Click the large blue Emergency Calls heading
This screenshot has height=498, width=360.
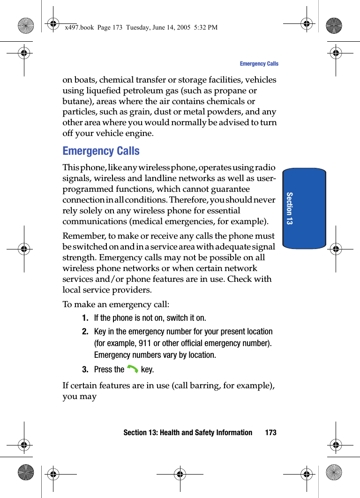101,151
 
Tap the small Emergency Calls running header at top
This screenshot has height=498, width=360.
259,64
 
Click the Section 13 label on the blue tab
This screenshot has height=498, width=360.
289,208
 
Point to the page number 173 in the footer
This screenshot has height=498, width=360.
270,432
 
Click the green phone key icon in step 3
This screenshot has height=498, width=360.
132,370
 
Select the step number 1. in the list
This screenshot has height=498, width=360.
85,318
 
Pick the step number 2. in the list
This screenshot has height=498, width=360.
85,332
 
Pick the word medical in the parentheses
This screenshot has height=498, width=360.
150,221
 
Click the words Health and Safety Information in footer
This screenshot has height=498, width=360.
206,432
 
